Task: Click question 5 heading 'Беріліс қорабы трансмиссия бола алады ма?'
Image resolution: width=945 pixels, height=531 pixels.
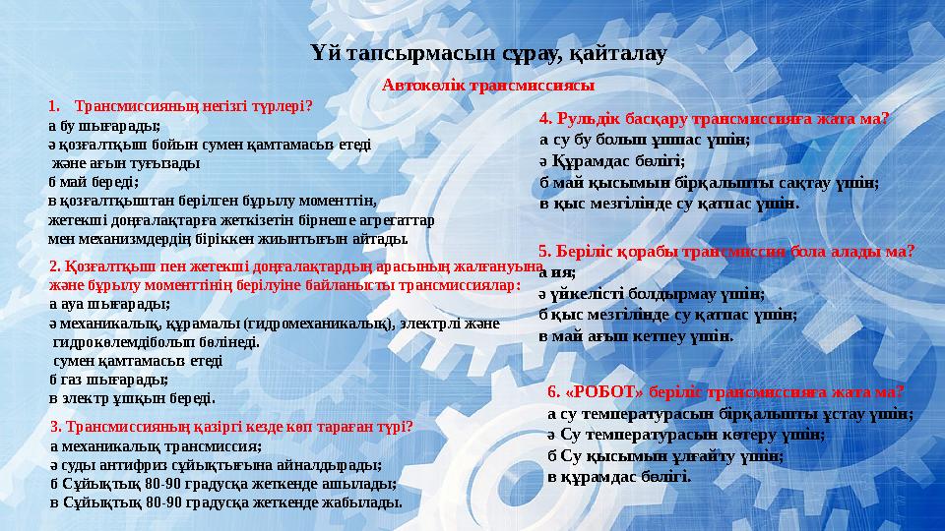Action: point(726,251)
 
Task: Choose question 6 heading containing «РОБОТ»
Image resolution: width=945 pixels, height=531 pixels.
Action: point(725,391)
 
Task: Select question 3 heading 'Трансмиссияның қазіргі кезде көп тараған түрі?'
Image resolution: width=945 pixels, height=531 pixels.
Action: point(231,427)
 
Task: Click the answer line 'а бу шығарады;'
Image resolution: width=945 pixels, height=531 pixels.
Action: point(103,126)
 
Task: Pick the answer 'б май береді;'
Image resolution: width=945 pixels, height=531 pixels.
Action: point(94,181)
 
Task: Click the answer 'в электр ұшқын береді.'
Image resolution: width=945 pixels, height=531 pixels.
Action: point(132,397)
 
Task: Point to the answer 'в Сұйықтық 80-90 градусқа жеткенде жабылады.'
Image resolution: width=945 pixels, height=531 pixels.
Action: point(225,501)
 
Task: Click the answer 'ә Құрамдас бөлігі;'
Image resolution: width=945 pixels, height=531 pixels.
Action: point(611,160)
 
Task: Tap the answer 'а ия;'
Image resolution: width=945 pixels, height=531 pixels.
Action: point(557,273)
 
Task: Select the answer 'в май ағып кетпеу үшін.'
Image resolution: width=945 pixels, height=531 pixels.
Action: point(636,335)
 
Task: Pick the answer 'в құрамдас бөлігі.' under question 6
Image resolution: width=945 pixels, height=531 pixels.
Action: point(619,477)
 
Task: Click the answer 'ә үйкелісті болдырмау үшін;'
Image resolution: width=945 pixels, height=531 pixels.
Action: point(651,293)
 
